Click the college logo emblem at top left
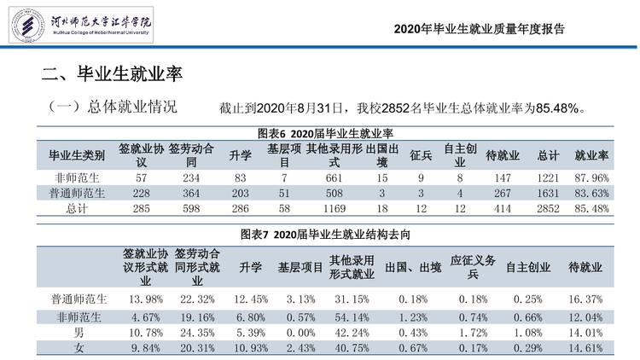click(27, 25)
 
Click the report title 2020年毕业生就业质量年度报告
click(480, 29)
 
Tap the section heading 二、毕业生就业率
click(112, 74)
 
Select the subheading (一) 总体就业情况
click(113, 107)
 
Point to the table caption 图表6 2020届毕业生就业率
click(325, 133)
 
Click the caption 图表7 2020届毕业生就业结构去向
click(325, 235)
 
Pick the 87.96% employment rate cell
click(591, 178)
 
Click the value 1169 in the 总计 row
click(335, 208)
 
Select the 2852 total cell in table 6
click(548, 208)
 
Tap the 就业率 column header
click(591, 155)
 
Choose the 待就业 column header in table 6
click(503, 155)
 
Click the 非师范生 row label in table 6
click(77, 178)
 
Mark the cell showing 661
click(334, 178)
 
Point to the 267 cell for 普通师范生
click(503, 193)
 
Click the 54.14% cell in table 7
click(352, 317)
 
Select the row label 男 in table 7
click(79, 333)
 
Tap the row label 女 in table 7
click(79, 348)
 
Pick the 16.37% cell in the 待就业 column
click(585, 299)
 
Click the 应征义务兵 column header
click(473, 267)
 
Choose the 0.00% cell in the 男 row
click(301, 333)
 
